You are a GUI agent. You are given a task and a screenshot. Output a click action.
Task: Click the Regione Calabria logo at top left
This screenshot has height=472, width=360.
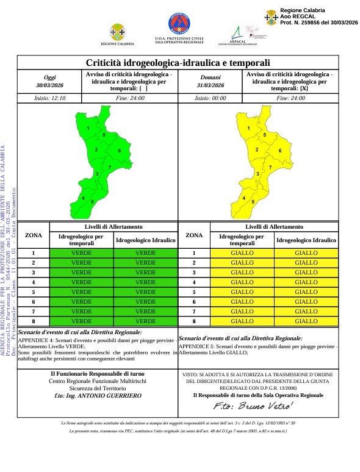(117, 31)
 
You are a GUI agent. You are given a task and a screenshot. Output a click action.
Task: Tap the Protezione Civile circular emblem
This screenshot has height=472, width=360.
(178, 24)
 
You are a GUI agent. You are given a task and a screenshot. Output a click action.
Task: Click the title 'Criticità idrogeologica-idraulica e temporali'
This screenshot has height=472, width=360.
(178, 62)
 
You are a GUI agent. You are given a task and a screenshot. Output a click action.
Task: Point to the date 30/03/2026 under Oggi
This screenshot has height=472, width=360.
(49, 85)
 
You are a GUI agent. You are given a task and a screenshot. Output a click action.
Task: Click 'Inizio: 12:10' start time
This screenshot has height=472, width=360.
(49, 98)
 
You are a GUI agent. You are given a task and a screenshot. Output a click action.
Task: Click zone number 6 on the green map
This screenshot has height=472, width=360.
(120, 151)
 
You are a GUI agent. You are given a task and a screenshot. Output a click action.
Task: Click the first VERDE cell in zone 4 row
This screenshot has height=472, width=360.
(82, 282)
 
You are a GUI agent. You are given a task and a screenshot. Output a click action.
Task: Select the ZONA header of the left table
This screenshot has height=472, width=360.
(33, 235)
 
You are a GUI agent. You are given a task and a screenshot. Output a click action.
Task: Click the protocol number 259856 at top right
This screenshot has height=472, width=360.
(313, 22)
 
